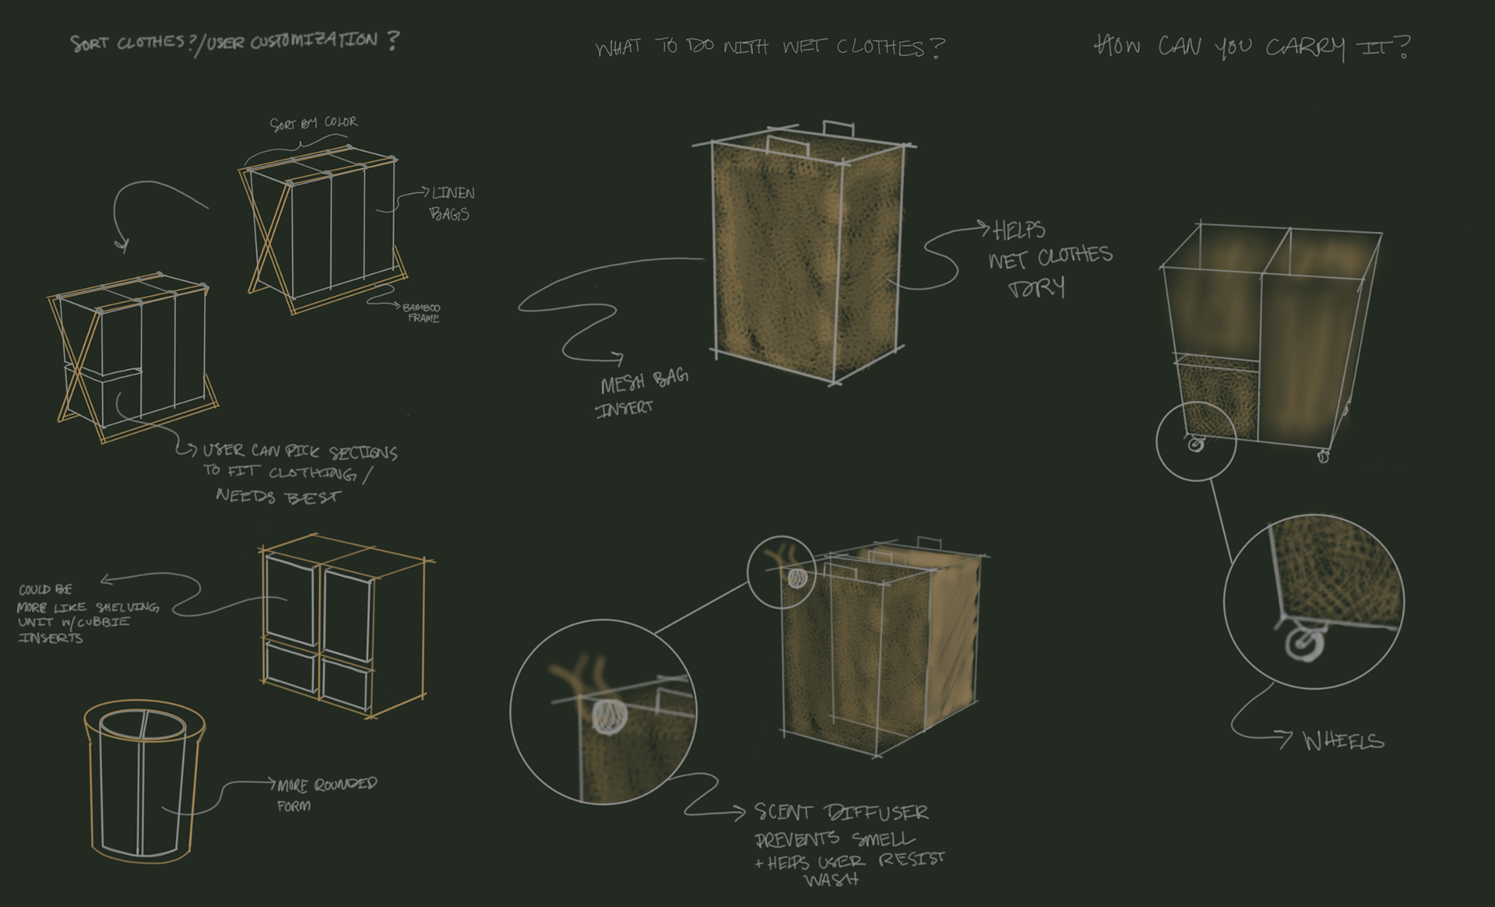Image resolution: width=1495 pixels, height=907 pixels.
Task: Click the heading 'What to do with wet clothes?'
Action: pyautogui.click(x=769, y=47)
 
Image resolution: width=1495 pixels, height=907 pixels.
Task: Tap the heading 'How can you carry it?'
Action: pyautogui.click(x=1252, y=47)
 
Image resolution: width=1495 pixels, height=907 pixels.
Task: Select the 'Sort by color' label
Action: pyautogui.click(x=314, y=123)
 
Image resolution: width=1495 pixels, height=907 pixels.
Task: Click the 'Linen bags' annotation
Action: pyautogui.click(x=451, y=203)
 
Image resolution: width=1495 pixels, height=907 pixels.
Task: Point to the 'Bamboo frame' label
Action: pyautogui.click(x=421, y=313)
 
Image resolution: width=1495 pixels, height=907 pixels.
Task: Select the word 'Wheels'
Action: pyautogui.click(x=1343, y=740)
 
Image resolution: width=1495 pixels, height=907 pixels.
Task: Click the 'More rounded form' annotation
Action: pyautogui.click(x=325, y=793)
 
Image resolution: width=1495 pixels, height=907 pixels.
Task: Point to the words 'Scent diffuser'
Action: pyautogui.click(x=841, y=813)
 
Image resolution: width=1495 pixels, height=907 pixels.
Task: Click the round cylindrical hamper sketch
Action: pyautogui.click(x=144, y=782)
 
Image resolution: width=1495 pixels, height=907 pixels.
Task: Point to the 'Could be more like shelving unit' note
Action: pyautogui.click(x=86, y=613)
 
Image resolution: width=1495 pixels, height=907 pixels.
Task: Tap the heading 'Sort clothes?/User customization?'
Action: pyautogui.click(x=234, y=41)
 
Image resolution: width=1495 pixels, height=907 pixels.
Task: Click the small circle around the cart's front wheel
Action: pyautogui.click(x=1196, y=444)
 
